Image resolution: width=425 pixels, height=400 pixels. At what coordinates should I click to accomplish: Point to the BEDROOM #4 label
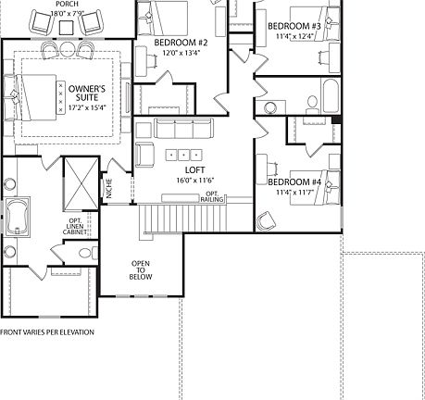click(x=294, y=182)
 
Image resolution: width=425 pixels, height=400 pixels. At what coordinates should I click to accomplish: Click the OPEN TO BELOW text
click(x=141, y=268)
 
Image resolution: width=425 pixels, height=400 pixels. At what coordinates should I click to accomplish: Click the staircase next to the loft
click(x=163, y=219)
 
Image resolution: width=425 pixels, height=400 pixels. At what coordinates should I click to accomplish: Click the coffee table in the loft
click(x=183, y=154)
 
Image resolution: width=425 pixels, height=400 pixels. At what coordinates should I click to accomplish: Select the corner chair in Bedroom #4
click(x=266, y=219)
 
